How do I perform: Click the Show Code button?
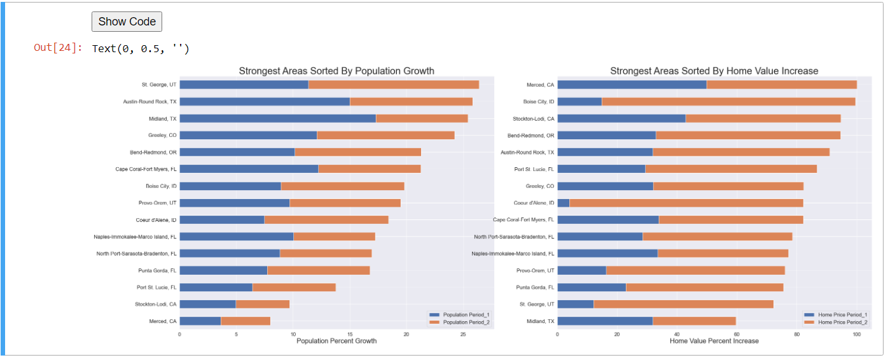(127, 22)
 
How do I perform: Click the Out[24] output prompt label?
(58, 48)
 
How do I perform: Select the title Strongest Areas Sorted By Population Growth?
(336, 71)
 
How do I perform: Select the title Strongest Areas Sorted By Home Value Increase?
(714, 71)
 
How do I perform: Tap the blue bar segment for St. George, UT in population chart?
(244, 85)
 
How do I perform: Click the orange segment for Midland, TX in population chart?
(422, 118)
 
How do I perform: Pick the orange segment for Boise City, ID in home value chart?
(728, 101)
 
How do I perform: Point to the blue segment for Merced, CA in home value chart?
(632, 85)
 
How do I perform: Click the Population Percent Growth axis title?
(336, 341)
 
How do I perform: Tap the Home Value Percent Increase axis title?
(714, 341)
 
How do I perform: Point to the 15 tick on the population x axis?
(350, 333)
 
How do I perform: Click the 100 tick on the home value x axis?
(857, 333)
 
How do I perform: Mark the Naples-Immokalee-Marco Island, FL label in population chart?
(135, 237)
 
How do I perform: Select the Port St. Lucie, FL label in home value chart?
(534, 169)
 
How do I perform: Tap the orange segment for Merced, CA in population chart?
(246, 321)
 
